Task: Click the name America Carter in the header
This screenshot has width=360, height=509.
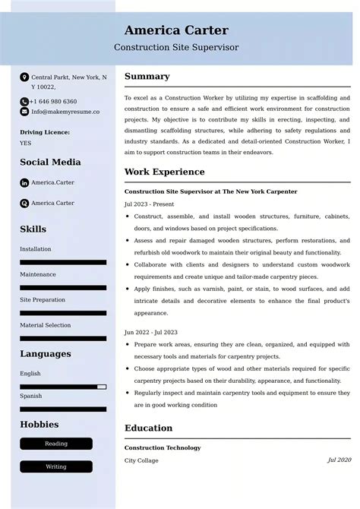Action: tap(176, 30)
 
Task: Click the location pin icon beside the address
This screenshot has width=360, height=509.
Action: tap(24, 77)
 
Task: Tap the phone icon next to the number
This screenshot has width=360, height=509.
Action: tap(24, 101)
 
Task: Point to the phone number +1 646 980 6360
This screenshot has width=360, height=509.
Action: tap(53, 101)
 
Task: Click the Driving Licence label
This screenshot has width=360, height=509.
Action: tap(45, 132)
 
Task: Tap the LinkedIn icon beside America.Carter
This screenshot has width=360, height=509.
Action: tap(24, 183)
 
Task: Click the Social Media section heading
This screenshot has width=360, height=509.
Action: tap(50, 162)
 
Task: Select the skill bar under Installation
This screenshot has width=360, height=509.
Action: tap(63, 262)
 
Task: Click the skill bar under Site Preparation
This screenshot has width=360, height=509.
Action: tap(63, 313)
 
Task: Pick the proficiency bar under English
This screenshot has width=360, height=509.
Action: tap(63, 387)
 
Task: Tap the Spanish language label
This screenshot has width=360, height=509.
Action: tap(31, 396)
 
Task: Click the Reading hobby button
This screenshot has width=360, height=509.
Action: tap(56, 444)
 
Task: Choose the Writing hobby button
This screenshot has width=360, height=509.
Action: tap(56, 466)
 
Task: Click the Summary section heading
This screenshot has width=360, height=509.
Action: tap(147, 77)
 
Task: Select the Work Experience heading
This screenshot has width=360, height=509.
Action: tap(164, 172)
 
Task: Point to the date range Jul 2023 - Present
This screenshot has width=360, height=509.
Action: tap(149, 204)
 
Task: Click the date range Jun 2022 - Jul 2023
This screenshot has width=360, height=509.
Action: tap(150, 332)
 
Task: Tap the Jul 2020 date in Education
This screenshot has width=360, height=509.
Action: tap(339, 460)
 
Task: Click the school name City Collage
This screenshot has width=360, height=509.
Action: tap(142, 460)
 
